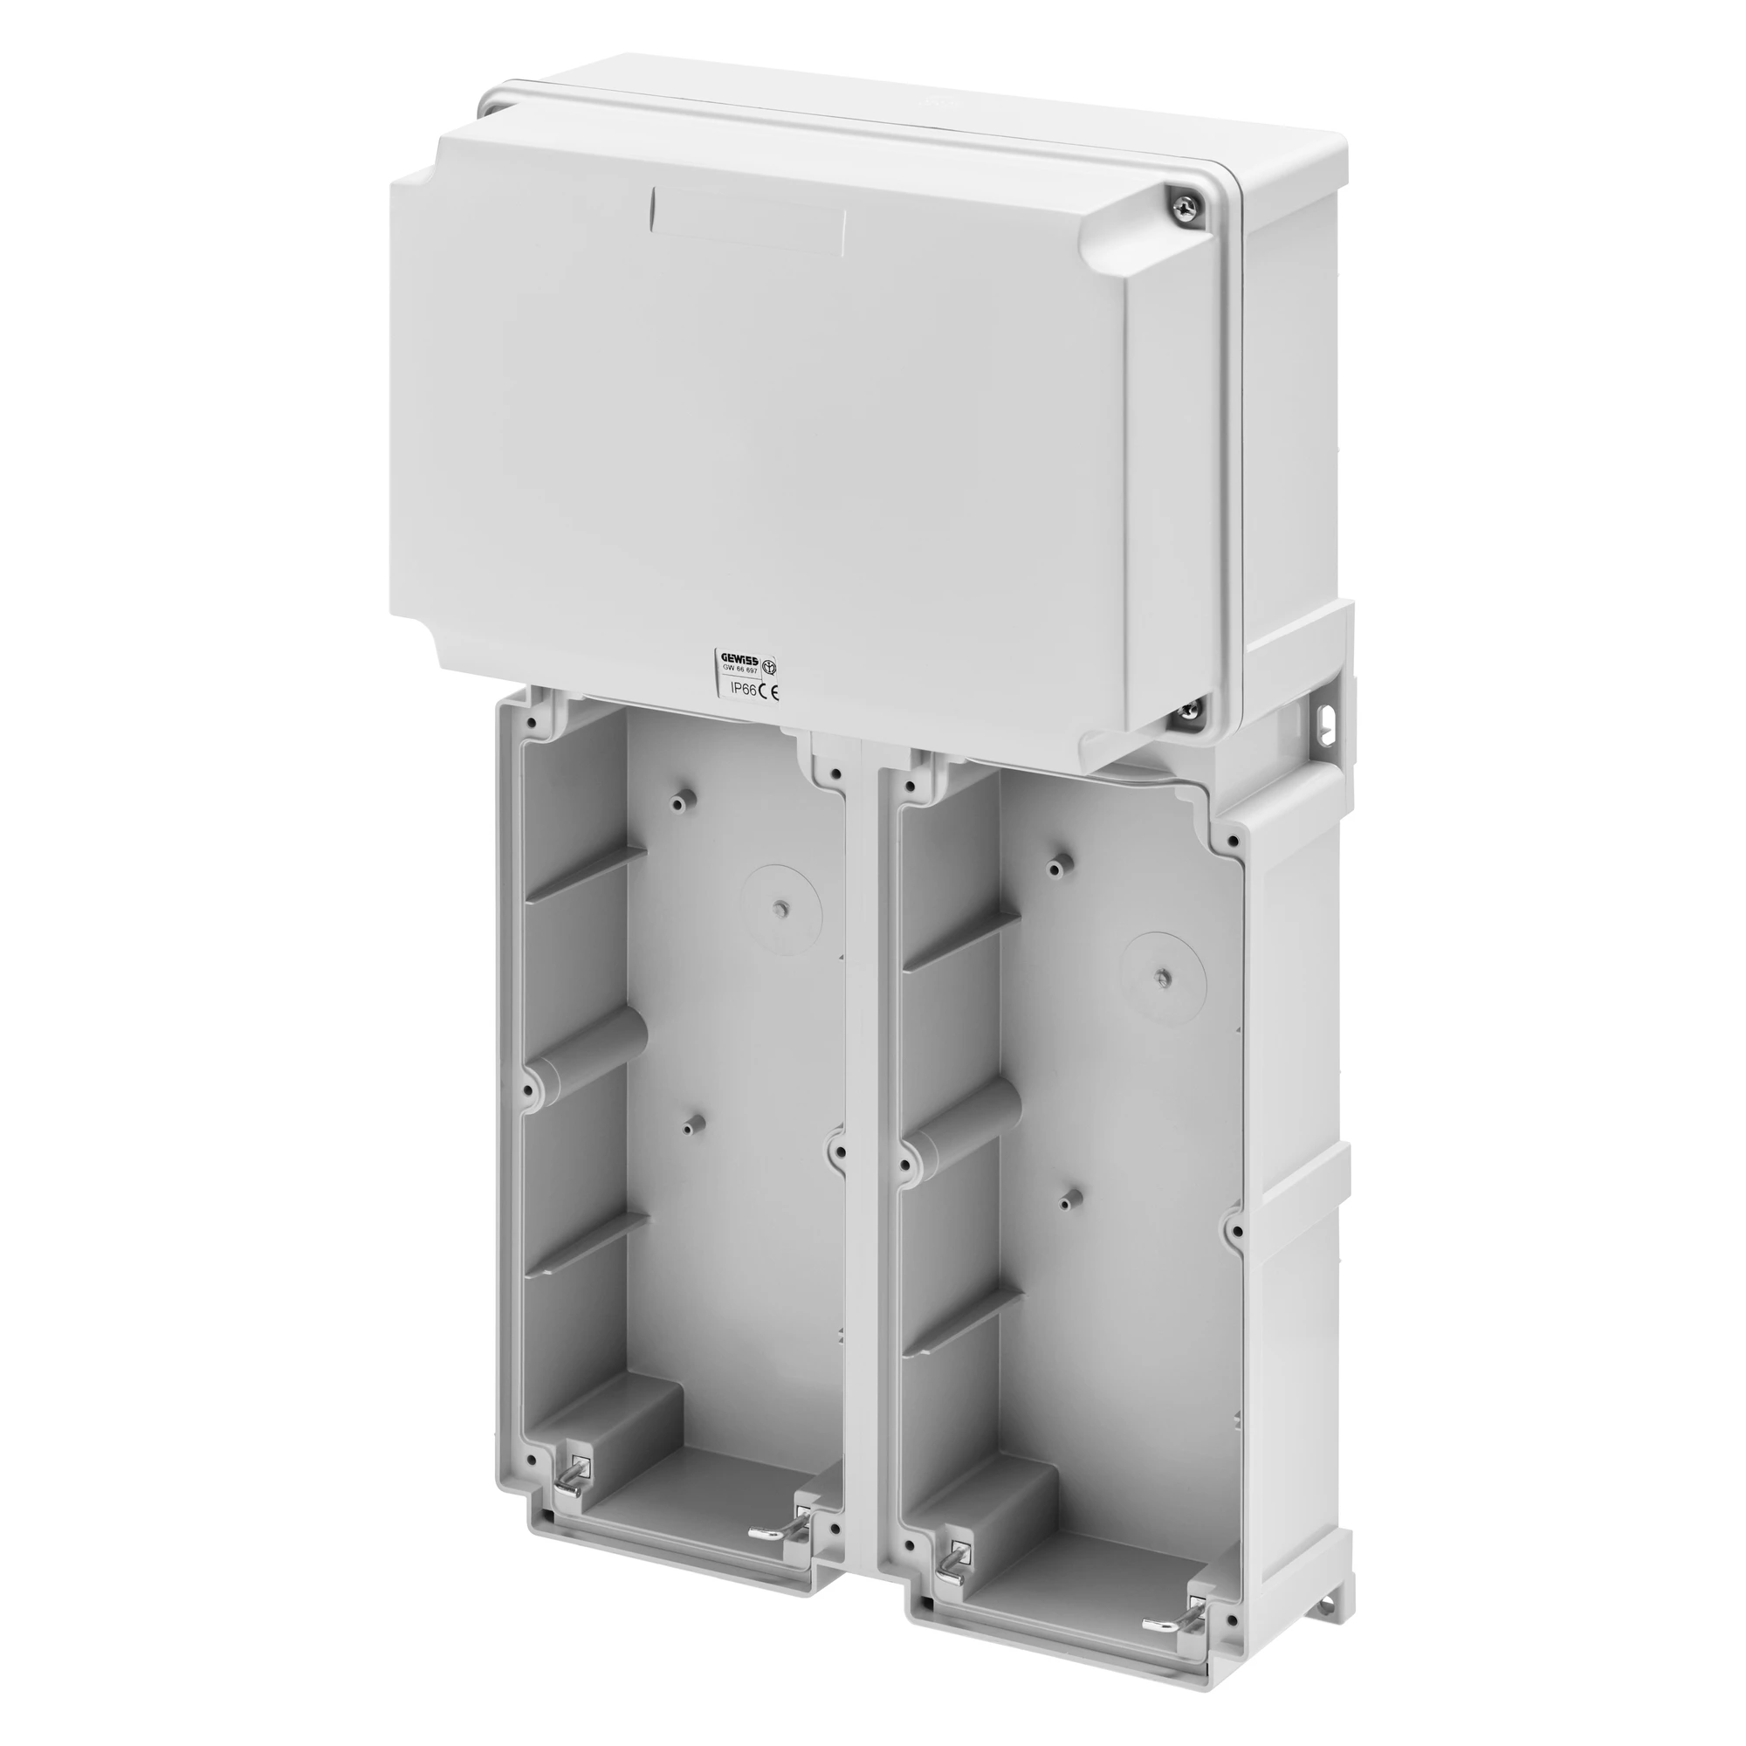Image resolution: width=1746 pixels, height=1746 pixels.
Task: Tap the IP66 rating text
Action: [743, 690]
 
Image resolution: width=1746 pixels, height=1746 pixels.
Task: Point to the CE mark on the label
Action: [768, 691]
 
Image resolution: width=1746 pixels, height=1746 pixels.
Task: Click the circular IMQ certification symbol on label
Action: [770, 667]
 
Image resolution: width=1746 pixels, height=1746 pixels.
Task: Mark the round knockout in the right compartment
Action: [1163, 973]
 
